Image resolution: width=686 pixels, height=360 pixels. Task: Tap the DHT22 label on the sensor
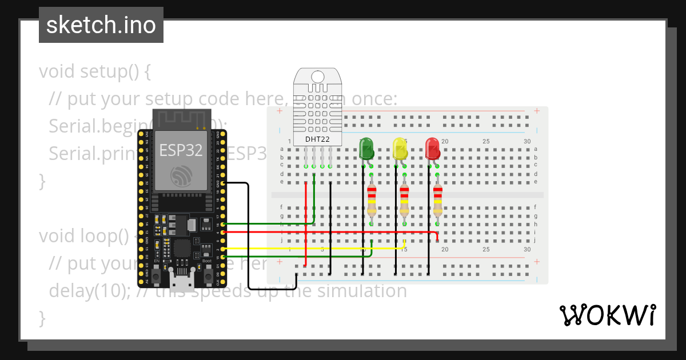(317, 139)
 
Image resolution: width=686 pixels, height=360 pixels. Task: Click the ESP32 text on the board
(181, 150)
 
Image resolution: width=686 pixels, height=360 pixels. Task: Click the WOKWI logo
(607, 315)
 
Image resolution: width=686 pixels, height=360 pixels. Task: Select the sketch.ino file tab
(101, 26)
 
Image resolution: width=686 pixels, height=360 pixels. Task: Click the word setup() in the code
(108, 72)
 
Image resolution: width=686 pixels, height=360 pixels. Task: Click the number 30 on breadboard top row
(527, 141)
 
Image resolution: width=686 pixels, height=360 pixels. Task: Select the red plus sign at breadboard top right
(536, 111)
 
